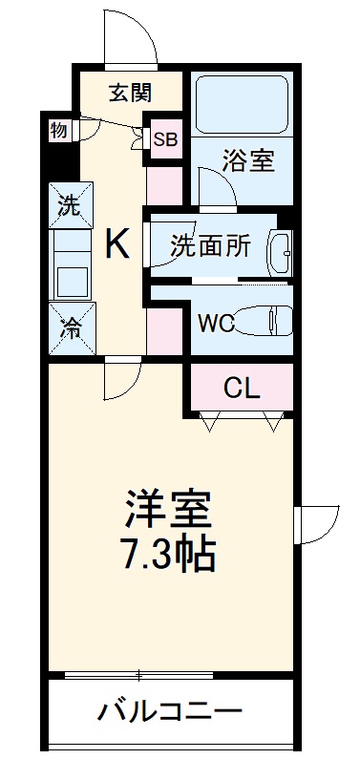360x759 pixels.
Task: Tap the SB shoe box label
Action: coord(166,139)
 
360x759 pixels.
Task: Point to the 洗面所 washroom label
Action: coord(211,245)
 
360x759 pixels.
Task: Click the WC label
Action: coord(215,322)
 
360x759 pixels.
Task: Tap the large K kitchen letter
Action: coord(116,245)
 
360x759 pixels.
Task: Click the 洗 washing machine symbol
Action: coord(69,203)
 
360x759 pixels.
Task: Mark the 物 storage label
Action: coord(59,131)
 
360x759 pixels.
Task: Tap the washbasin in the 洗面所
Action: coord(281,250)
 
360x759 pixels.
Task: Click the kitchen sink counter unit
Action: coord(70,265)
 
